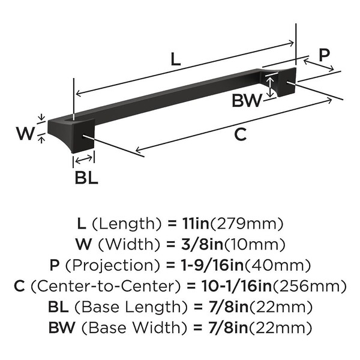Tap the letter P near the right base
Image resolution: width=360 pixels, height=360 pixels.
pos(324,55)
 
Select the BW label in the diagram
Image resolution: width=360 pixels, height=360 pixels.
pos(247,101)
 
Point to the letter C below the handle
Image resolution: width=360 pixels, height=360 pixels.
pos(241,134)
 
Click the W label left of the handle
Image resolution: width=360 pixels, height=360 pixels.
pos(26,133)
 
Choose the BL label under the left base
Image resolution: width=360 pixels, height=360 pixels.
pos(86,177)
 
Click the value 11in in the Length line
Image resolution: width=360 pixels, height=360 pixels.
pos(195,224)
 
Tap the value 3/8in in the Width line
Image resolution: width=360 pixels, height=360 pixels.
pos(202,244)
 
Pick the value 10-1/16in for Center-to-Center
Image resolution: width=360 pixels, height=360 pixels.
pos(237,286)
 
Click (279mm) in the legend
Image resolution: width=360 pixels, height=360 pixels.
pos(247,224)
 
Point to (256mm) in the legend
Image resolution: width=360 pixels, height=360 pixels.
pos(309,286)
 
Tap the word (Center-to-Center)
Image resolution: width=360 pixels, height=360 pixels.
pos(106,286)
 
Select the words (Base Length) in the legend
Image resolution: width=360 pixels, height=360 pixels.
pos(131,307)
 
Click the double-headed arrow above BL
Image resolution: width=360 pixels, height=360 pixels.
pos(84,160)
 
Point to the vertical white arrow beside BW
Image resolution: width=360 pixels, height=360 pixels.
pos(271,87)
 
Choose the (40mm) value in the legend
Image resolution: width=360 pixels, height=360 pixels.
pos(278,265)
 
